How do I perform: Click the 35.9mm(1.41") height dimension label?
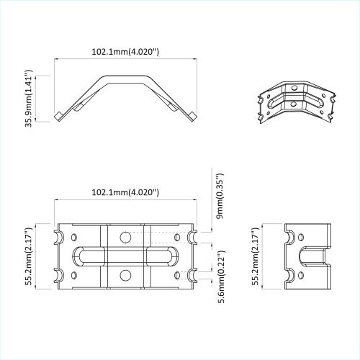tap(30, 99)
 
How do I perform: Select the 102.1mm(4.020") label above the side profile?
tap(126, 52)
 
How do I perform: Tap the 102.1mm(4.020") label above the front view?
tap(126, 192)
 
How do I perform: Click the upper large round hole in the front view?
tap(126, 237)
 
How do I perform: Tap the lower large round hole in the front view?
tap(126, 274)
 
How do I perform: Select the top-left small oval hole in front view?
tap(74, 237)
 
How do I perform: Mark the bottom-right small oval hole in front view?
tap(178, 274)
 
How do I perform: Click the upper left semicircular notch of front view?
tap(58, 237)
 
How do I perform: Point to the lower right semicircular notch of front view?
tap(194, 274)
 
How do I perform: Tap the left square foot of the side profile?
tap(58, 116)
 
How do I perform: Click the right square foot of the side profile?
tap(193, 116)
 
